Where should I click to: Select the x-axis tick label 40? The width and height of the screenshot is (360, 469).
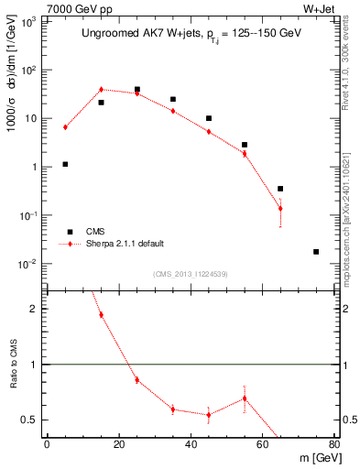[191, 445]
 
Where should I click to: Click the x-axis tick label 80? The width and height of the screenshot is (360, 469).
[333, 445]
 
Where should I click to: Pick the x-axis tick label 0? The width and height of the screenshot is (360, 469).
[47, 445]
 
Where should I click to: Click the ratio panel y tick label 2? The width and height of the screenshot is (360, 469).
[33, 309]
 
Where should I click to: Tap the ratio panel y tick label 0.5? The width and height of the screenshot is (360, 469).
[27, 420]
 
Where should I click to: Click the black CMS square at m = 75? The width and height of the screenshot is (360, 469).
[316, 251]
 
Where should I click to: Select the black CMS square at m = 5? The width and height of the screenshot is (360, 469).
[65, 164]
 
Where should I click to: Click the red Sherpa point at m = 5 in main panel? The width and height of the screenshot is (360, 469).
[65, 127]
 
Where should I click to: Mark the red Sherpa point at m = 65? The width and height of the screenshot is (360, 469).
[280, 208]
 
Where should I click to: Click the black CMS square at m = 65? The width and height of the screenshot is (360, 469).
[280, 189]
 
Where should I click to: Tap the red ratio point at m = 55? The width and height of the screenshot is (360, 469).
[245, 398]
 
